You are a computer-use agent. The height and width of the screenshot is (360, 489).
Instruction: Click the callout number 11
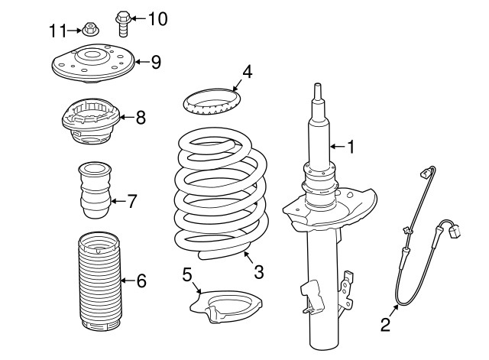[58, 31]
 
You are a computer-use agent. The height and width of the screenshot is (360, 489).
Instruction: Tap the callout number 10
[158, 19]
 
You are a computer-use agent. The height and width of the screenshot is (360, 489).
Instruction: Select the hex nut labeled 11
[91, 29]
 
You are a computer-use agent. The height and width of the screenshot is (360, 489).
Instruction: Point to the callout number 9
[156, 62]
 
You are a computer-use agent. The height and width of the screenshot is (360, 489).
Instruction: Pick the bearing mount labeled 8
[91, 121]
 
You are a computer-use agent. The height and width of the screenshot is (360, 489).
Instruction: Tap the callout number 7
[132, 201]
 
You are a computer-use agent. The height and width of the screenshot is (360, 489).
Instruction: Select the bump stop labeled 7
[95, 190]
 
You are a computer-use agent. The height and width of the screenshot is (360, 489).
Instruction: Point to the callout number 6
[141, 281]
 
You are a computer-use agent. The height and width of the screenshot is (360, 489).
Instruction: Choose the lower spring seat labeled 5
[226, 307]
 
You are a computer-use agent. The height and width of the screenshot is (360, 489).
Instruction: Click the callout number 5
[186, 274]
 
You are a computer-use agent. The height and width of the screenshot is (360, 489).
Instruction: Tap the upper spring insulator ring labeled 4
[212, 102]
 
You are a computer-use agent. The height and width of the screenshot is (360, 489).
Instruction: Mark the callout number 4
[247, 72]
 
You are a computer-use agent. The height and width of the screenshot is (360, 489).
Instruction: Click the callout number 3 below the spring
[259, 271]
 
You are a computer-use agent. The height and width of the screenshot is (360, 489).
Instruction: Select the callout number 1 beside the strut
[351, 147]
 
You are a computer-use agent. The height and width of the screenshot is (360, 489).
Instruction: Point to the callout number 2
[385, 324]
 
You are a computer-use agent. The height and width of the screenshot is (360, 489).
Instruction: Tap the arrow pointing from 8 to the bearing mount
[127, 117]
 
